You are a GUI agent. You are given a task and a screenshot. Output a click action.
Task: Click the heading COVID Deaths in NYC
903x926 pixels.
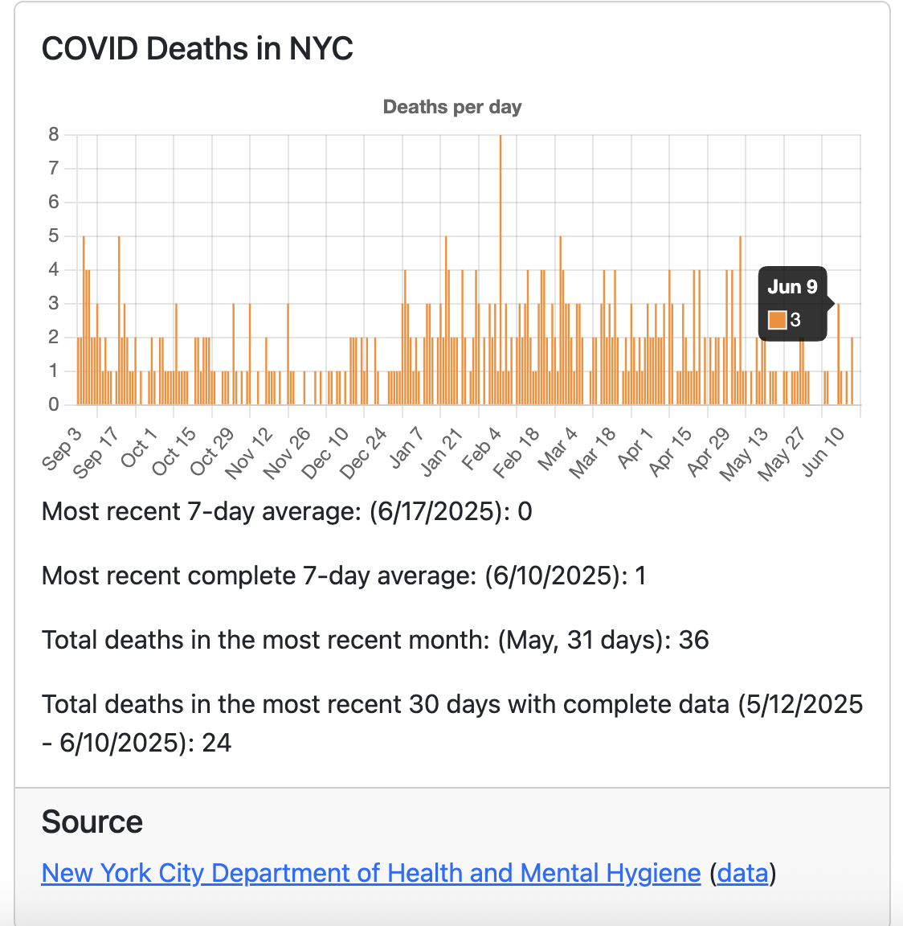click(x=197, y=49)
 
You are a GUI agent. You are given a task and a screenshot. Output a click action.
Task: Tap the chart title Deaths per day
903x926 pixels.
click(x=451, y=107)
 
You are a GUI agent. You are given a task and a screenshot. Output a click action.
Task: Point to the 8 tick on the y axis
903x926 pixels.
click(x=54, y=135)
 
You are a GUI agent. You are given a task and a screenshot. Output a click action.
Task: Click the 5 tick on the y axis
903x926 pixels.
click(x=54, y=236)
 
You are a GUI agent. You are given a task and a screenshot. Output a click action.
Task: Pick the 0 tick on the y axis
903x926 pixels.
click(x=54, y=405)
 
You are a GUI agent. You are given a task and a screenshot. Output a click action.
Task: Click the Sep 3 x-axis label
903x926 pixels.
click(x=63, y=448)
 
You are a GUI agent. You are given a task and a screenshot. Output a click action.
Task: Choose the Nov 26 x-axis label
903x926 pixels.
click(x=288, y=453)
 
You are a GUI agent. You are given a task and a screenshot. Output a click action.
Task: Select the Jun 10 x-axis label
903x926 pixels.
click(x=824, y=452)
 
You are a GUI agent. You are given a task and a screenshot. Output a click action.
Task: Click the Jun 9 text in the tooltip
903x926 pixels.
click(x=792, y=287)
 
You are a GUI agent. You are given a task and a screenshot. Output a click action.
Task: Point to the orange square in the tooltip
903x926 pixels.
click(x=777, y=320)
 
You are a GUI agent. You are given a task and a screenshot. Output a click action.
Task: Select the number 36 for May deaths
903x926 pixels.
click(x=693, y=641)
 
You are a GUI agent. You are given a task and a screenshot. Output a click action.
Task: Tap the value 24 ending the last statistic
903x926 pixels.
click(x=216, y=743)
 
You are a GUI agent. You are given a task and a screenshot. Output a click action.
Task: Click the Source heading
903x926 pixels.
click(x=92, y=822)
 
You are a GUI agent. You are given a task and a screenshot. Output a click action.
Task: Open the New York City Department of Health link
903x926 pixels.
click(x=371, y=873)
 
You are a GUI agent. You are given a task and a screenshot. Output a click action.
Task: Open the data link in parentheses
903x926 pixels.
click(x=743, y=873)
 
